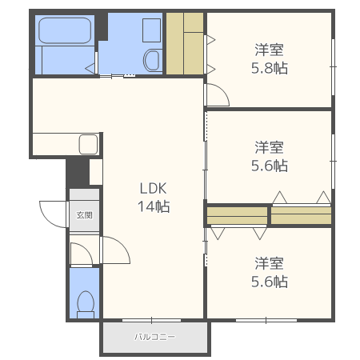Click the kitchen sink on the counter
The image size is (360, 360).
coord(88,145)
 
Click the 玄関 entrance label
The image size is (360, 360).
coord(85,215)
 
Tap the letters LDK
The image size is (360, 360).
coord(152,189)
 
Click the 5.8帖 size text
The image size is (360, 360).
coord(269,68)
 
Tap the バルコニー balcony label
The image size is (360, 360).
coord(154,337)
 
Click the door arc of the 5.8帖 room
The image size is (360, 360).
coord(218,95)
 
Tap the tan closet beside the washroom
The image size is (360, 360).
coord(186,44)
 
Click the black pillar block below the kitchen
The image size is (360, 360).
coord(77,172)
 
